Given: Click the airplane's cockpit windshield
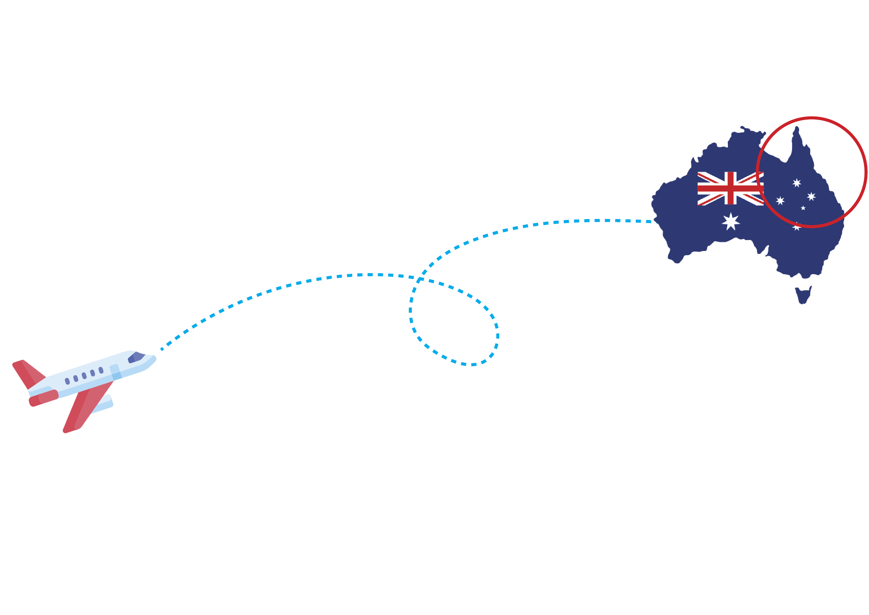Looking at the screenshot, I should tap(136, 357).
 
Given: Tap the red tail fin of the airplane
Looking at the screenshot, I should tap(26, 373).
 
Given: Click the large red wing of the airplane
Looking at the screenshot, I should tap(85, 409).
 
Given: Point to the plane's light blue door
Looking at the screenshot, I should tap(115, 372).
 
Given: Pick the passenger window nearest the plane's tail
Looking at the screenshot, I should tap(67, 381).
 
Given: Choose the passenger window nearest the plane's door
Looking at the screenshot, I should tap(101, 370).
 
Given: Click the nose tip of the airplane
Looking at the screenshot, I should tap(154, 358).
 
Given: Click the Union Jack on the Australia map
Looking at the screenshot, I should tap(730, 188).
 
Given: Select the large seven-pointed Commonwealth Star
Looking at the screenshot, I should tap(730, 222).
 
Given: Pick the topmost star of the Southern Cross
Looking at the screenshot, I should tap(797, 183).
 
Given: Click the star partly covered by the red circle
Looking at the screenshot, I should tap(797, 227).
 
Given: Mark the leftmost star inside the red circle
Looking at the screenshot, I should tap(780, 200).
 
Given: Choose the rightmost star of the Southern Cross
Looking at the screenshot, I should tap(811, 197).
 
